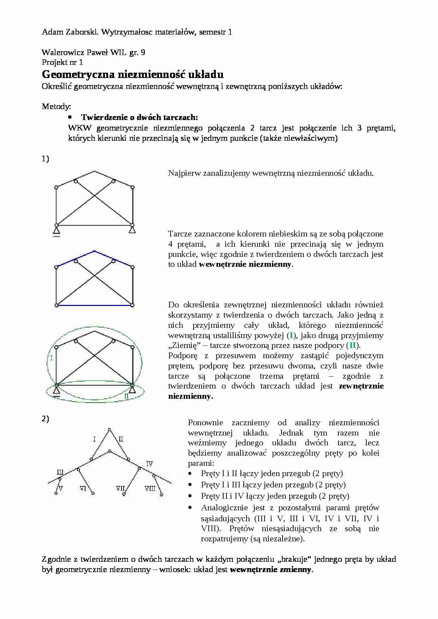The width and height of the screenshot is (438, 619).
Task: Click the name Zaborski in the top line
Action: tap(82, 32)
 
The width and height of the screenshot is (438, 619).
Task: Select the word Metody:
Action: tap(56, 106)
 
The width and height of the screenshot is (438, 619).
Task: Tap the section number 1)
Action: tap(45, 159)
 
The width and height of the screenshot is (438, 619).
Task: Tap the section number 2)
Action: tap(45, 419)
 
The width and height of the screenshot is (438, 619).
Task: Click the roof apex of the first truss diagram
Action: tap(94, 172)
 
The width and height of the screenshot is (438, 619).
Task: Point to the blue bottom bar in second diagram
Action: tap(94, 305)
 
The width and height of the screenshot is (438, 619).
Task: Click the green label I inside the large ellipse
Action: tap(52, 358)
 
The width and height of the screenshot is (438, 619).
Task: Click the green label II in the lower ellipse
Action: tap(126, 396)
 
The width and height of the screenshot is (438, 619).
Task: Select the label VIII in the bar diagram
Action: tap(150, 488)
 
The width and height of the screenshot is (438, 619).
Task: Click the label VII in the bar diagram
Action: tap(120, 488)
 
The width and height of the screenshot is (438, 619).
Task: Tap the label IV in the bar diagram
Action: tap(149, 463)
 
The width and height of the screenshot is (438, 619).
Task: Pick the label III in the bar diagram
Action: tap(60, 472)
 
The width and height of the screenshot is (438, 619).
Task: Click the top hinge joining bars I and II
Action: tap(109, 429)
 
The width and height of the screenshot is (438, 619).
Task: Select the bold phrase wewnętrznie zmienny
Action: tap(271, 569)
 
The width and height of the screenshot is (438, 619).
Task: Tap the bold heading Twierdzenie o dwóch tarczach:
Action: tap(140, 117)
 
